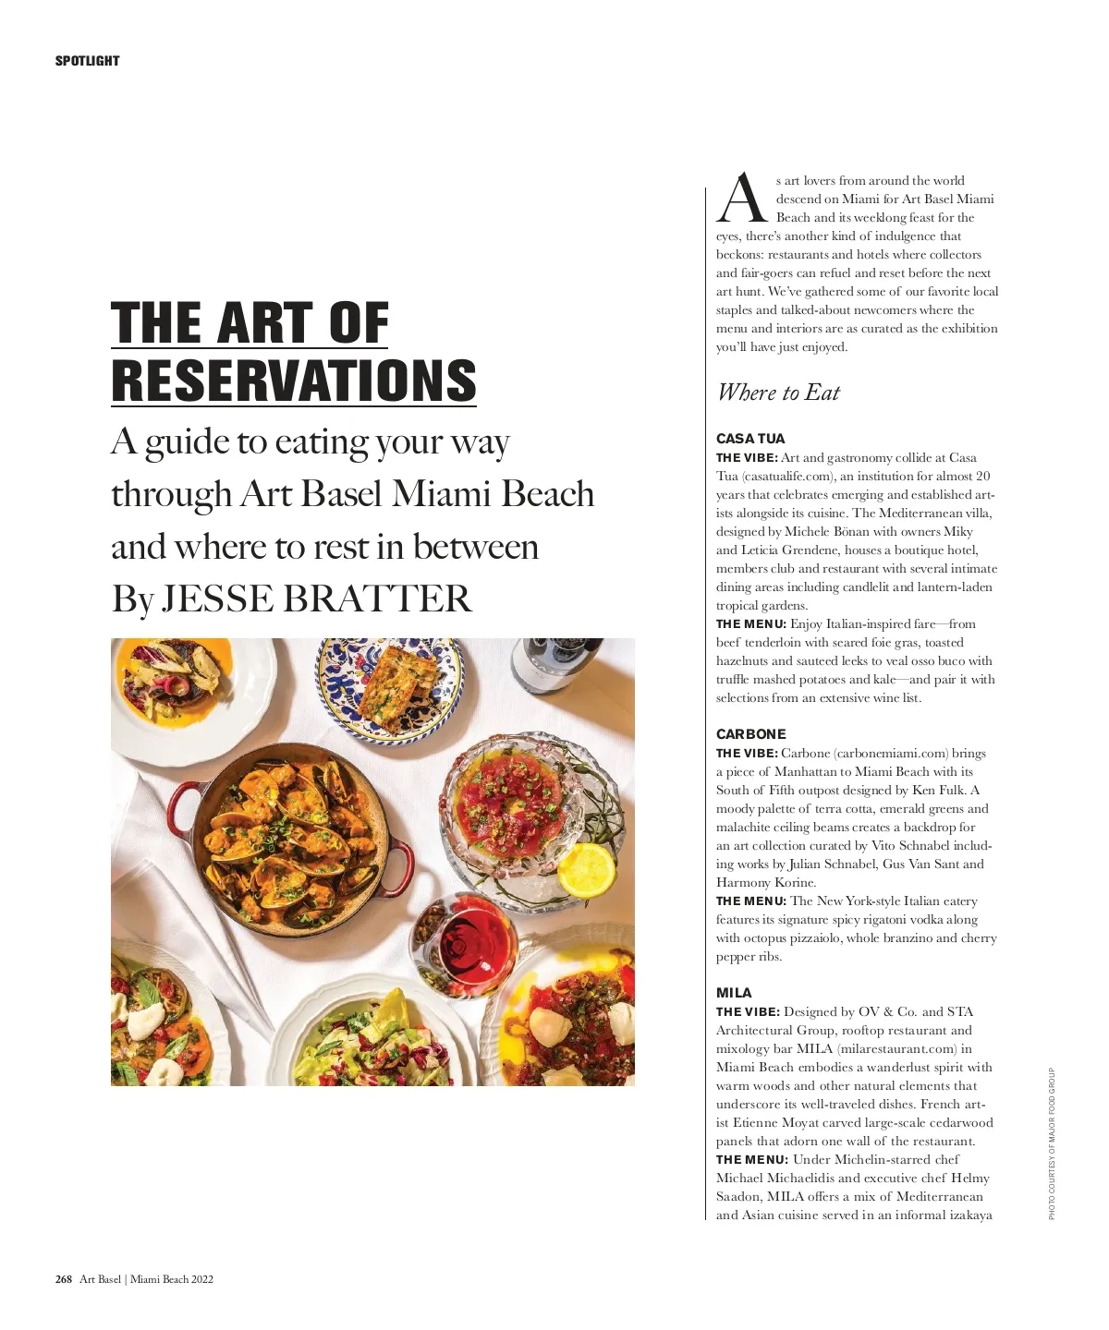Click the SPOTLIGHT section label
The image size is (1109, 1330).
(x=87, y=61)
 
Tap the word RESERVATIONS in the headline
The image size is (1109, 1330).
(x=294, y=380)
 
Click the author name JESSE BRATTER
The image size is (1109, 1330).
(x=316, y=598)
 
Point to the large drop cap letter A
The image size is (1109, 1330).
(x=742, y=199)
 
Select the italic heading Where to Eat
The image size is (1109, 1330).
(x=778, y=393)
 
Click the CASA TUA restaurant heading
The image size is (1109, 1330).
(x=749, y=439)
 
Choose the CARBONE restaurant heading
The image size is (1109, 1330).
(x=750, y=734)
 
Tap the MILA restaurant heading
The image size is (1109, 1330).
(x=734, y=993)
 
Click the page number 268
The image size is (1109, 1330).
(x=63, y=1279)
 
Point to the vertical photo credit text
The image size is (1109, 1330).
(x=1052, y=1143)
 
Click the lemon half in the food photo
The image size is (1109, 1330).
(x=586, y=868)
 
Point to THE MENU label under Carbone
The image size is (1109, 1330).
(x=750, y=901)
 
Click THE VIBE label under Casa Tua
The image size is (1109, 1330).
(x=747, y=458)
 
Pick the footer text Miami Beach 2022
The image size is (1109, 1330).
(x=172, y=1279)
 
